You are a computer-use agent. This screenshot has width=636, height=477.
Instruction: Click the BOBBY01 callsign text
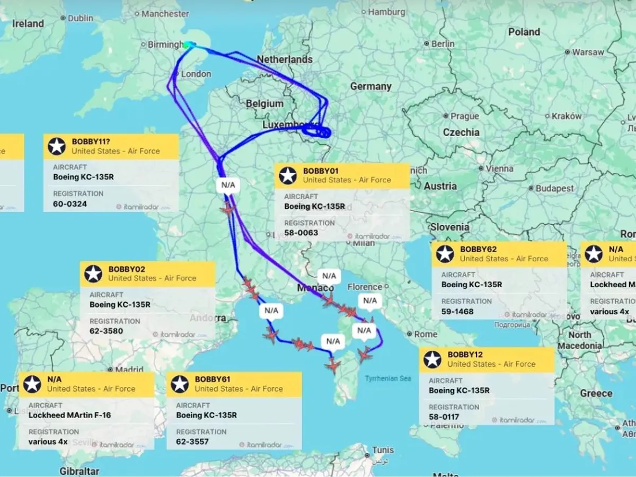click(321, 171)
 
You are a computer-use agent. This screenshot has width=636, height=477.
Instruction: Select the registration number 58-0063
click(301, 233)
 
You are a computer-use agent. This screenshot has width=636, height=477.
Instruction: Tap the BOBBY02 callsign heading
click(127, 269)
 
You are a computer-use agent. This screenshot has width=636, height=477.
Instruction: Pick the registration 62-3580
click(106, 331)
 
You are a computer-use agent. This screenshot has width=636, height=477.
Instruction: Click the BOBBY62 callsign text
click(478, 249)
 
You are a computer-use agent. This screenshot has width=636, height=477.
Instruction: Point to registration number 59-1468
click(457, 311)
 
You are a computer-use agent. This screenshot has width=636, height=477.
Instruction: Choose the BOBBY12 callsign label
click(465, 355)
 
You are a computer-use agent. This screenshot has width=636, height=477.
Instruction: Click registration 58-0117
click(444, 417)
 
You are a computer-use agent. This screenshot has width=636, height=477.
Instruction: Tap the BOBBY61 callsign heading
click(213, 379)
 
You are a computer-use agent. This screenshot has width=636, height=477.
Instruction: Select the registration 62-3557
click(192, 441)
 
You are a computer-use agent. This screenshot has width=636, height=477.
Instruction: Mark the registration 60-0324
click(70, 204)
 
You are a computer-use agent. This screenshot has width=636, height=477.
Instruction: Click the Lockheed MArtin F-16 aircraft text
click(69, 415)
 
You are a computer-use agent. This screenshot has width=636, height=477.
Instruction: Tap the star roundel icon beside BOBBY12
click(432, 359)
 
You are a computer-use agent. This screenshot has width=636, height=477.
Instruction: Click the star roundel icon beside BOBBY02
click(93, 273)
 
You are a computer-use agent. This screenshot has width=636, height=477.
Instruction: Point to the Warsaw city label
click(588, 52)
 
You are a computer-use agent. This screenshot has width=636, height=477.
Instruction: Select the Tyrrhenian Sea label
click(387, 378)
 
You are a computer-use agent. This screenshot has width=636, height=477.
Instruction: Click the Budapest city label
click(554, 188)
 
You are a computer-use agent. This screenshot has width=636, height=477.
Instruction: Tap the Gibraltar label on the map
click(79, 471)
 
